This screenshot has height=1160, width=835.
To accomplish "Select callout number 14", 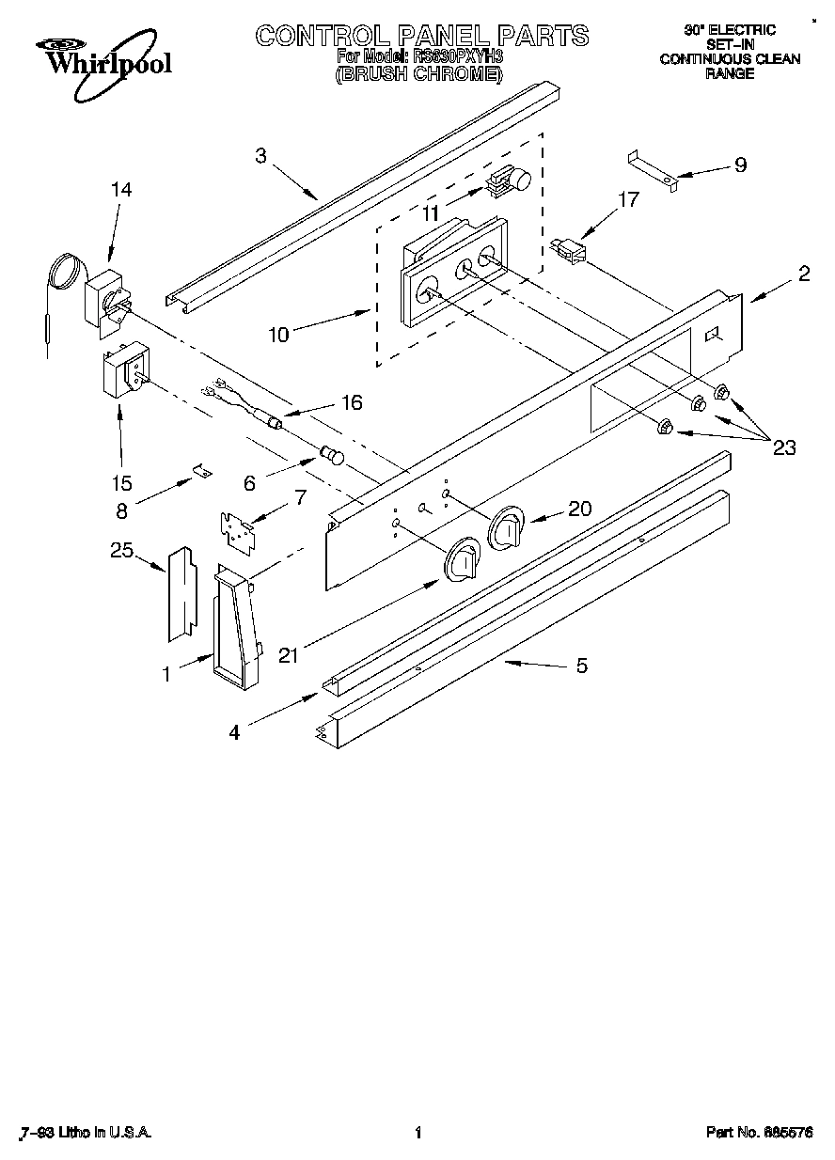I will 120,190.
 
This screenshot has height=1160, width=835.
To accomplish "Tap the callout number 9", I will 740,165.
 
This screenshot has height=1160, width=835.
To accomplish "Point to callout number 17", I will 628,199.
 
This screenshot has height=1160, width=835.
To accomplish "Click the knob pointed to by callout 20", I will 506,530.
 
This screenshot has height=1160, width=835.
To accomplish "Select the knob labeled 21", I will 462,561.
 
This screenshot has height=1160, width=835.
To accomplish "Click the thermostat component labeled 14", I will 106,298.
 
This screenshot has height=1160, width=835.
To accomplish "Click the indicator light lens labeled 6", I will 331,456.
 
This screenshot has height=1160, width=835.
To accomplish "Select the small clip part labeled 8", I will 201,470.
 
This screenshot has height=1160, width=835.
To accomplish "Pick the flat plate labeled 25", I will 181,594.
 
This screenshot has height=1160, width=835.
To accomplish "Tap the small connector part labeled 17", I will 567,251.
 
